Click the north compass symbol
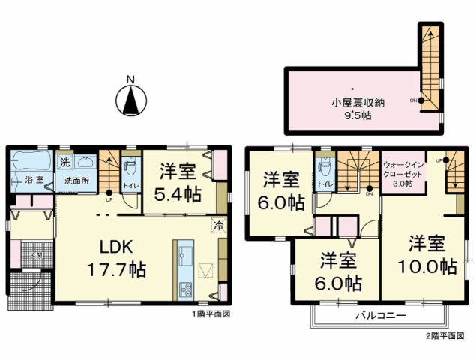(x=130, y=98)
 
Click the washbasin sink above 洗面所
(x=84, y=163)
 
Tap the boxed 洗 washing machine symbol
(x=65, y=163)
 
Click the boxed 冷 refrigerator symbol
(x=219, y=224)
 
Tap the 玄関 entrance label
(x=34, y=255)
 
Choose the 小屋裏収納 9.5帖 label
(x=358, y=109)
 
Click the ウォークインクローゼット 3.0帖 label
(x=404, y=173)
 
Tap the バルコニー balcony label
(x=381, y=316)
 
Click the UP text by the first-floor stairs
(x=109, y=201)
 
